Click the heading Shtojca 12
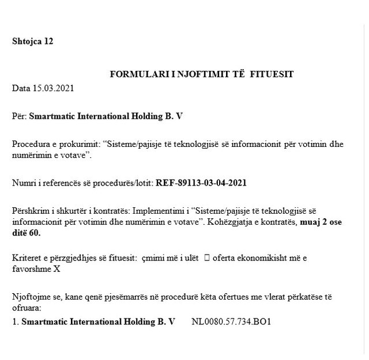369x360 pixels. pyautogui.click(x=33, y=41)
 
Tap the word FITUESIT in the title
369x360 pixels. pyautogui.click(x=275, y=75)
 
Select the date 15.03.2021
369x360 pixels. pyautogui.click(x=54, y=88)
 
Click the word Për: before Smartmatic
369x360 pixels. pyautogui.click(x=20, y=116)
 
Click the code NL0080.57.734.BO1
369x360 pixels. pyautogui.click(x=231, y=321)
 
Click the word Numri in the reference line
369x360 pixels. pyautogui.click(x=23, y=184)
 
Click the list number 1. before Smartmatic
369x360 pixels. pyautogui.click(x=15, y=321)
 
